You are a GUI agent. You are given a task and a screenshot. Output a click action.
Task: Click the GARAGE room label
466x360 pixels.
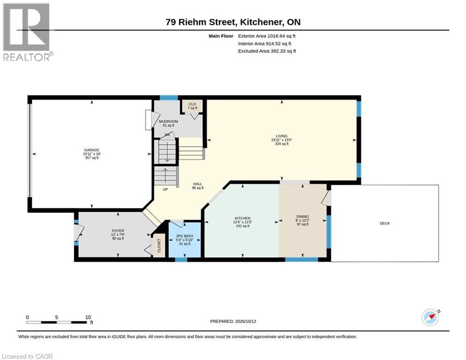(91, 150)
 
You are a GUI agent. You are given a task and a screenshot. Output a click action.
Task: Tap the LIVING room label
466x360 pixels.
(281, 136)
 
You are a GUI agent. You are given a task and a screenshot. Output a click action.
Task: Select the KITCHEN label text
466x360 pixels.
(243, 218)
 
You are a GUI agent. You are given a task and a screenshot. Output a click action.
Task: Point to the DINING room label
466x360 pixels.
(303, 217)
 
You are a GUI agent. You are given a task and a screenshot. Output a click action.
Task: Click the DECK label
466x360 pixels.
(385, 223)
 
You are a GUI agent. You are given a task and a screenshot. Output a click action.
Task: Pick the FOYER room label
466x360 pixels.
(118, 231)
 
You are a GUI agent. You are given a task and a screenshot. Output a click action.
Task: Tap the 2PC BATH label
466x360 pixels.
(185, 236)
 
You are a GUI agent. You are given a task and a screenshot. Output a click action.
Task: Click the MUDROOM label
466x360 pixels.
(168, 121)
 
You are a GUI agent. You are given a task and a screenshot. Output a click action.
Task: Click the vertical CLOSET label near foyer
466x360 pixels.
(159, 246)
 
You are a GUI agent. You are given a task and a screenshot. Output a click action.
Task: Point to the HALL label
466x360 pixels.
(198, 184)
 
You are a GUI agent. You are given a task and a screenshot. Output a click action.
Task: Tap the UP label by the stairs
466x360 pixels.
(165, 189)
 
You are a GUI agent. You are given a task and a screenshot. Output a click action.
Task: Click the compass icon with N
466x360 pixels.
(430, 317)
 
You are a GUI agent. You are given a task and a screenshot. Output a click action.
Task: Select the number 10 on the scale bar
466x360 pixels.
(88, 317)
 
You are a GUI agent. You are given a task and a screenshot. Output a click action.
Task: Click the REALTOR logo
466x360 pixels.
(27, 32)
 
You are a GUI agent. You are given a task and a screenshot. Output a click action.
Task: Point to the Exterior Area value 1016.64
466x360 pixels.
(276, 36)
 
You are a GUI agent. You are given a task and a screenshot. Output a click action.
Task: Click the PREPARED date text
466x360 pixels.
(233, 321)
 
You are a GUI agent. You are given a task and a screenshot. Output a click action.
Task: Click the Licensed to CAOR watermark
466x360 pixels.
(27, 356)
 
